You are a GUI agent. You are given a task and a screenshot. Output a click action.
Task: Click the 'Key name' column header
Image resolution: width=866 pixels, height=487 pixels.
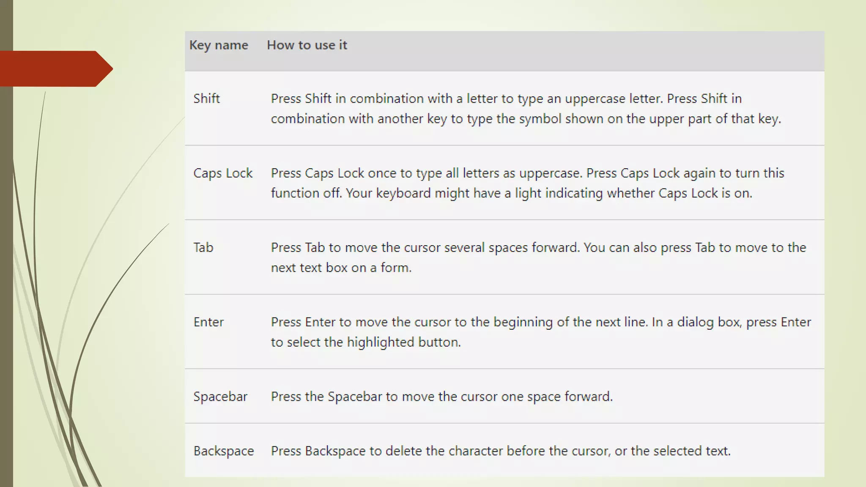(x=218, y=45)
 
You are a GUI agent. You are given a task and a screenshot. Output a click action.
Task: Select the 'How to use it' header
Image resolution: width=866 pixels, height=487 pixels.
(x=307, y=45)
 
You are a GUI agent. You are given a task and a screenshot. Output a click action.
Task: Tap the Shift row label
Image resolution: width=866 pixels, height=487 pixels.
(x=206, y=98)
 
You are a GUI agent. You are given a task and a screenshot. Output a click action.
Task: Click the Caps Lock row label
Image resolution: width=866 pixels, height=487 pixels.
(x=223, y=173)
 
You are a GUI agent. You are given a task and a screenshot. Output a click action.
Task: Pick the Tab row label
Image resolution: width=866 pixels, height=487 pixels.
(x=203, y=248)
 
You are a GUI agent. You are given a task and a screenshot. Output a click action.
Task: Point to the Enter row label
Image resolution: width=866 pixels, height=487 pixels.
(x=208, y=322)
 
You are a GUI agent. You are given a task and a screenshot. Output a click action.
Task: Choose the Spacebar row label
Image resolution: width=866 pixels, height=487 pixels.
(x=220, y=397)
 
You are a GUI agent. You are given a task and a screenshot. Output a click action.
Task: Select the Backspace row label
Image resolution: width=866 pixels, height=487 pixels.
(x=223, y=451)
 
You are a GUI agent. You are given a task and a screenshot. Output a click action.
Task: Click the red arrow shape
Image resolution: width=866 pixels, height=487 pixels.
(x=55, y=68)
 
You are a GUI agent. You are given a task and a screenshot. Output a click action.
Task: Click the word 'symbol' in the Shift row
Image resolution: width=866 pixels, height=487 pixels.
(x=540, y=119)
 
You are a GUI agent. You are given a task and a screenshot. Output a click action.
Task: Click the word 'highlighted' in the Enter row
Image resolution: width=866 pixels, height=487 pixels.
(x=380, y=342)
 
